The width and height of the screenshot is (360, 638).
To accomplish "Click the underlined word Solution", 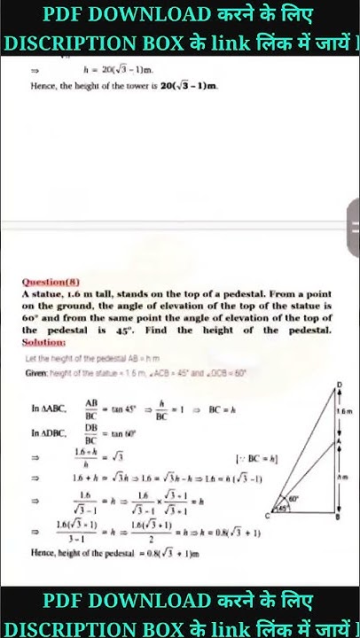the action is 44,340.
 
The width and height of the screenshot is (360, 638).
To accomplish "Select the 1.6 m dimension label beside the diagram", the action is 343,411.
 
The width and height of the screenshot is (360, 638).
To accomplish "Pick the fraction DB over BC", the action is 91,433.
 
